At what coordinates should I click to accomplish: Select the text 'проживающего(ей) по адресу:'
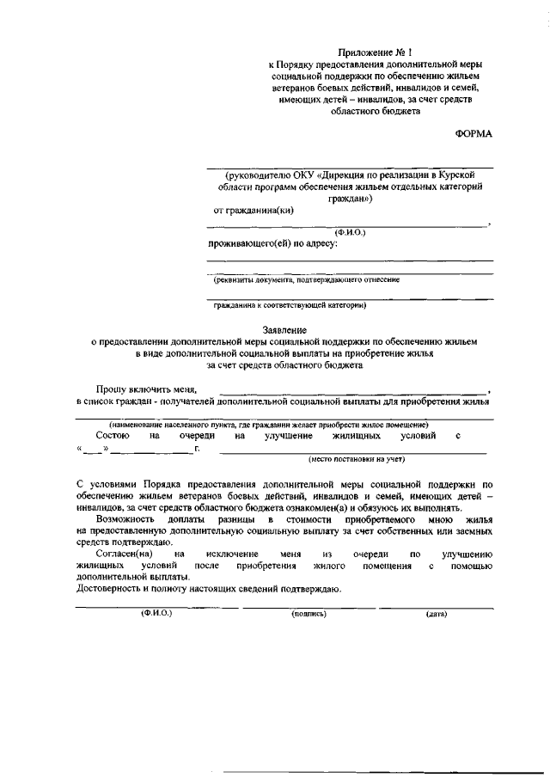pos(272,243)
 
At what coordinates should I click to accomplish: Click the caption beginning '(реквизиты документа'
pos(306,279)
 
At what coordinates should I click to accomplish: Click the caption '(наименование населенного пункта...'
pos(268,425)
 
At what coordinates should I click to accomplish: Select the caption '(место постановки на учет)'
pos(351,459)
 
